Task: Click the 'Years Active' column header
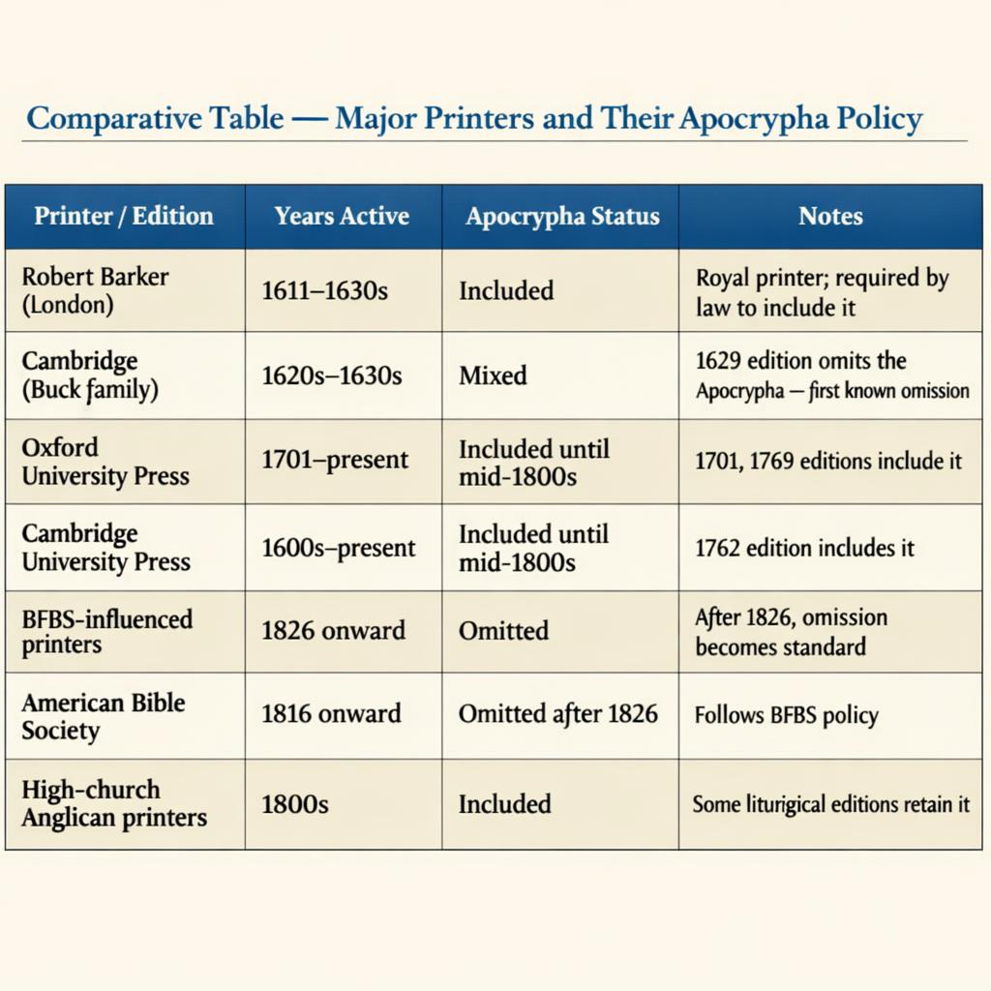(x=342, y=216)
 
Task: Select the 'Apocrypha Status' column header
(x=561, y=216)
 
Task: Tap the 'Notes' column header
(x=830, y=216)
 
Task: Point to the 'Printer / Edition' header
(x=124, y=216)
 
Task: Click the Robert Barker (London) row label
(x=95, y=290)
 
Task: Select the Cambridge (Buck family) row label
(x=90, y=375)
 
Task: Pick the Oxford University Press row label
(x=105, y=462)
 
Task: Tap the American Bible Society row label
(x=103, y=716)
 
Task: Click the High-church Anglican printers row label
(x=114, y=803)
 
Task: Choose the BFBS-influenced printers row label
(x=106, y=631)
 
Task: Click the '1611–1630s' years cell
(x=324, y=290)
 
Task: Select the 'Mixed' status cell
(x=493, y=375)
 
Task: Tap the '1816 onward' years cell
(x=331, y=715)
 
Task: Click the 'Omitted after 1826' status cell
(x=557, y=715)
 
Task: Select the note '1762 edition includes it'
(x=804, y=548)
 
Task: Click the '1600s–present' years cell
(x=339, y=548)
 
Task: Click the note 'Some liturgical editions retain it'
(x=830, y=804)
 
